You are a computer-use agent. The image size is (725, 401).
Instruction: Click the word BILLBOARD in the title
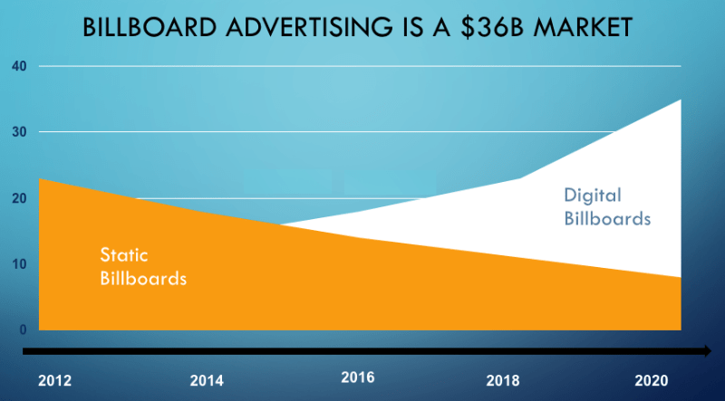(150, 28)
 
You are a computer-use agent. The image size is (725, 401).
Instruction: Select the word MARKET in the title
(583, 28)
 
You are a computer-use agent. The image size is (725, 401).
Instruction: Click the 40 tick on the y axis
(19, 66)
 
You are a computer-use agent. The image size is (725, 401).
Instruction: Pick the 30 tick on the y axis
(19, 132)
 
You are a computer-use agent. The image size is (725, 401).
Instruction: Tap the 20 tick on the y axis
(19, 198)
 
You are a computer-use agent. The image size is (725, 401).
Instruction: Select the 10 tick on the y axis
(19, 264)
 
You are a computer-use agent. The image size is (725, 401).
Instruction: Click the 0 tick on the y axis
(23, 329)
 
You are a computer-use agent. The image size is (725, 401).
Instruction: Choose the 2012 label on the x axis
(54, 381)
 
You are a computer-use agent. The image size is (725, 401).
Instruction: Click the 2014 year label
(207, 381)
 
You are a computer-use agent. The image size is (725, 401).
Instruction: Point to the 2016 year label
(358, 377)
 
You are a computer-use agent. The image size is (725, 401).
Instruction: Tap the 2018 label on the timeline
(503, 381)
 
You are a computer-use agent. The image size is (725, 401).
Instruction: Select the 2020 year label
(652, 381)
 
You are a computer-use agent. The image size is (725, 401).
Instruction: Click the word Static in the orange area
(124, 255)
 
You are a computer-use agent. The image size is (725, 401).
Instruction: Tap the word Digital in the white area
(593, 196)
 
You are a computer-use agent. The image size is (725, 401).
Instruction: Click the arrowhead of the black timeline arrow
(708, 351)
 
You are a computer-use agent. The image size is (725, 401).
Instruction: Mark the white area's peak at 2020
(681, 100)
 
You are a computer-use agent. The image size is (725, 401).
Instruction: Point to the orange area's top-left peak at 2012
(39, 179)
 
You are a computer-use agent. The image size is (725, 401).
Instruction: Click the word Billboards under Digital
(607, 218)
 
